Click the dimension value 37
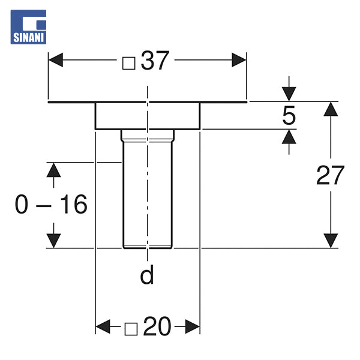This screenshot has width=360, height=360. pyautogui.click(x=156, y=61)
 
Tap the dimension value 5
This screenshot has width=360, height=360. pyautogui.click(x=289, y=115)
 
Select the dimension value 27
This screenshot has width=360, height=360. pyautogui.click(x=331, y=175)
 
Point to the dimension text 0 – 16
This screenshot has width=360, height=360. pyautogui.click(x=52, y=205)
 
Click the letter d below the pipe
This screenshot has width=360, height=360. pyautogui.click(x=147, y=275)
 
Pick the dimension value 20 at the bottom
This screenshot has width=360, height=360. pyautogui.click(x=157, y=327)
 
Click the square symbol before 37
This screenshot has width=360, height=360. pyautogui.click(x=128, y=62)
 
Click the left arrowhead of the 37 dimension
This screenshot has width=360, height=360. pyautogui.click(x=56, y=61)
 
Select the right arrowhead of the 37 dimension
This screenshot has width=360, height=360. pyautogui.click(x=239, y=61)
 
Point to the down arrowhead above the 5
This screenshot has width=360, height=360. pyautogui.click(x=289, y=94)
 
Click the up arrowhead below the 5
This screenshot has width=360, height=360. pyautogui.click(x=289, y=137)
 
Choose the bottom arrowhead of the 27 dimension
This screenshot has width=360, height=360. pyautogui.click(x=331, y=240)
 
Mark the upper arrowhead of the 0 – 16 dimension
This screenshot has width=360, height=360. pyautogui.click(x=54, y=170)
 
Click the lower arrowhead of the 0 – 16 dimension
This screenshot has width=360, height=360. pyautogui.click(x=54, y=240)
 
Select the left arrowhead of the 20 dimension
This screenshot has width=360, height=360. pyautogui.click(x=103, y=327)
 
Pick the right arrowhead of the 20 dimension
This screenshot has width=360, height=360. pyautogui.click(x=192, y=327)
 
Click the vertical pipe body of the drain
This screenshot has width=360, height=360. pyautogui.click(x=147, y=192)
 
